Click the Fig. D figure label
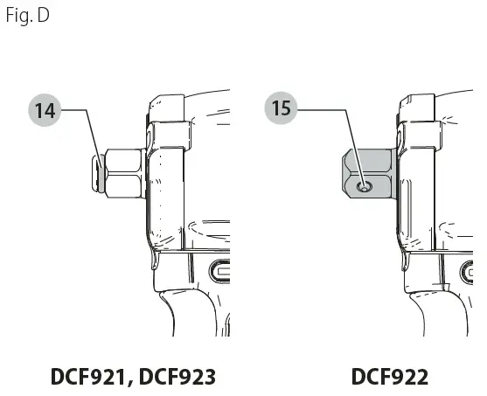tap(28, 16)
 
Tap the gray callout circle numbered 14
tap(45, 110)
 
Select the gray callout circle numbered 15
tap(281, 108)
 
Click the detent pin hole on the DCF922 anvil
tap(365, 187)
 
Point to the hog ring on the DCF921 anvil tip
tap(101, 173)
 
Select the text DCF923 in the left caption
tap(177, 377)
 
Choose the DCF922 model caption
tap(390, 377)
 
